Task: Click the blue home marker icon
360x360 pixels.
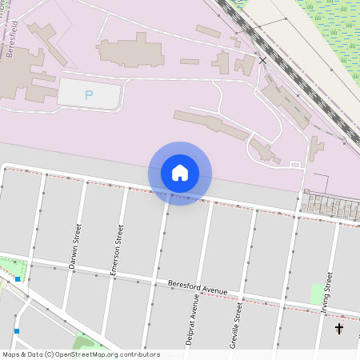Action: tap(180, 173)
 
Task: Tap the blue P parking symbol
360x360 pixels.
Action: tap(89, 96)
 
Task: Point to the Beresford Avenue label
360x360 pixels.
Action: tap(198, 287)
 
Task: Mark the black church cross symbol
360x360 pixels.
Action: tap(339, 328)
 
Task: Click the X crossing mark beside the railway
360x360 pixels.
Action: tap(262, 60)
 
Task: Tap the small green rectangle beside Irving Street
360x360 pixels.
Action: tap(318, 293)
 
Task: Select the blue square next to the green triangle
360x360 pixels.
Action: tap(18, 279)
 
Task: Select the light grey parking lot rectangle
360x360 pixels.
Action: tap(90, 94)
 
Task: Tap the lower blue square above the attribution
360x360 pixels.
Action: tap(15, 330)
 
